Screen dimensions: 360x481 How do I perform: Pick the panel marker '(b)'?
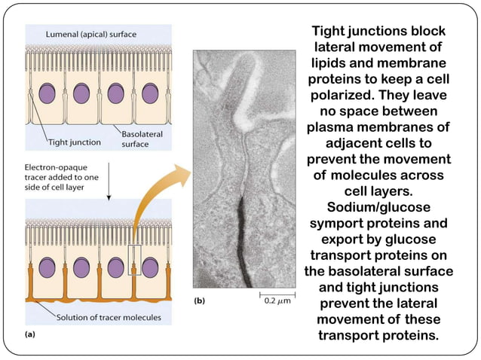[201, 301]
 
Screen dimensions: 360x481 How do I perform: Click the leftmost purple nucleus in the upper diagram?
[47, 93]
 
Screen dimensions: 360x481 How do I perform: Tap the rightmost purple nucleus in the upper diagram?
[150, 93]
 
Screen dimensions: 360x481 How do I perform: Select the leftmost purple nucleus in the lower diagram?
[47, 268]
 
